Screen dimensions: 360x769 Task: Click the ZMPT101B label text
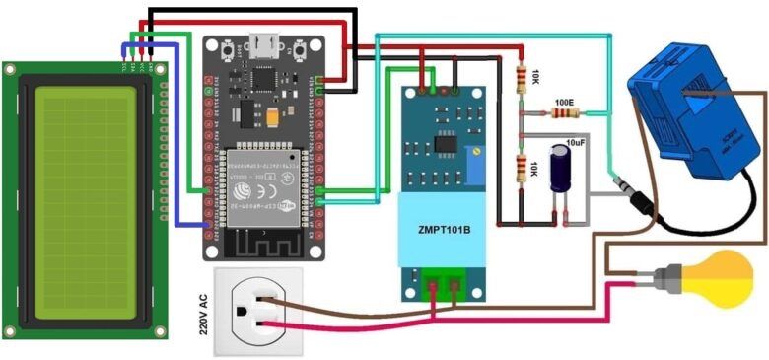[439, 231]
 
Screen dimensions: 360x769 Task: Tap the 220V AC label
[204, 314]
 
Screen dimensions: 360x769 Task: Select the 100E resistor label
[564, 102]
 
